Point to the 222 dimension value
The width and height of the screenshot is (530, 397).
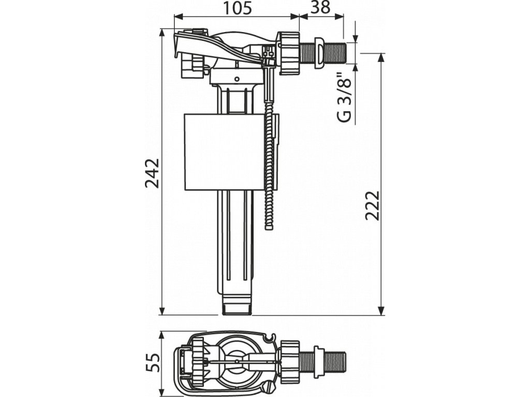[x=372, y=205]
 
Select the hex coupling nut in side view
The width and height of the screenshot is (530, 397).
[x=289, y=53]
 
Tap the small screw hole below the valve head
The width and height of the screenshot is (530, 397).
[x=237, y=79]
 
